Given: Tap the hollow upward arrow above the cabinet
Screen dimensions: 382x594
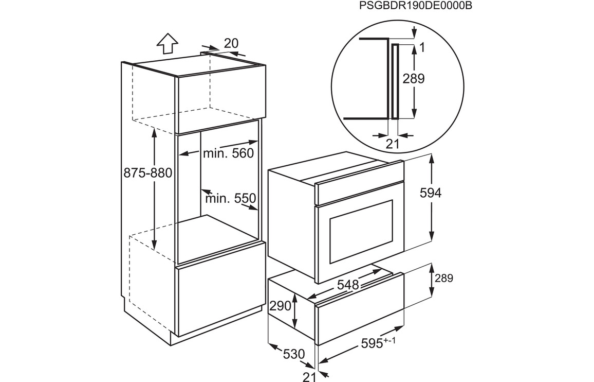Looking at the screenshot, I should click(x=167, y=44).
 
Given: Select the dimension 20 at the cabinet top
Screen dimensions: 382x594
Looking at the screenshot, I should click(x=231, y=44).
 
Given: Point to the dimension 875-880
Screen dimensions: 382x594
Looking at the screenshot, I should click(x=148, y=173).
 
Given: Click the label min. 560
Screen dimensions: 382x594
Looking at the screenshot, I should click(x=228, y=153).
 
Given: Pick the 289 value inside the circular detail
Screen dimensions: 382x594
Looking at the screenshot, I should click(x=413, y=79).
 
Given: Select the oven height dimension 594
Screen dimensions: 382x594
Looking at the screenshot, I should click(x=431, y=193).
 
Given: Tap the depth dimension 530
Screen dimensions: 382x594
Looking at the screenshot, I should click(x=294, y=354).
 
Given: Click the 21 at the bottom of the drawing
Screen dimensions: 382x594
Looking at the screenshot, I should click(x=309, y=377).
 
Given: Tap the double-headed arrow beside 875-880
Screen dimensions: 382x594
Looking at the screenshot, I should click(x=154, y=188).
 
